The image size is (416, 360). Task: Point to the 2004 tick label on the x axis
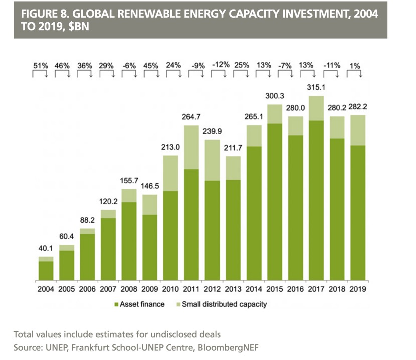[x=46, y=289]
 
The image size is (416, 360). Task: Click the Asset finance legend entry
[x=143, y=304]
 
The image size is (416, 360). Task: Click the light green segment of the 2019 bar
[x=358, y=130]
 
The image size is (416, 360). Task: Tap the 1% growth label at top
[x=356, y=65]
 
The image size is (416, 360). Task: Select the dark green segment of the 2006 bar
[x=88, y=257]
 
